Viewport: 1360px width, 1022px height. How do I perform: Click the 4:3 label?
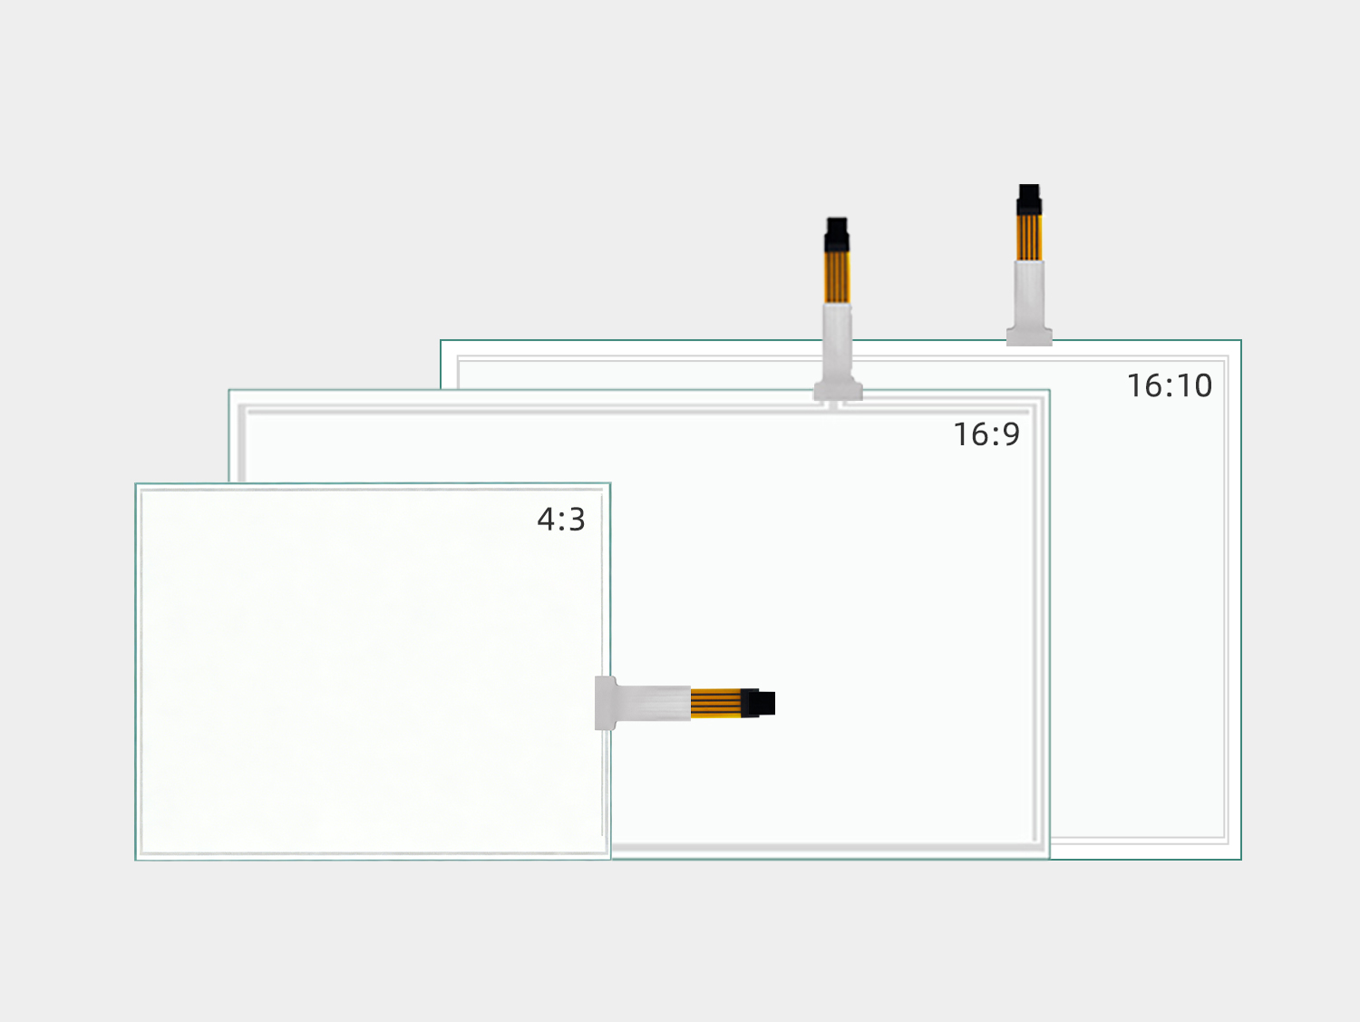(x=560, y=520)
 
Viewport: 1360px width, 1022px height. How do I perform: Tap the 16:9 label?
(x=986, y=434)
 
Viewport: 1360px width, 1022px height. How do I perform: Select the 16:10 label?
(x=1170, y=385)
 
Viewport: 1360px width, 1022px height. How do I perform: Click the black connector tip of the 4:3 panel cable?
(x=758, y=704)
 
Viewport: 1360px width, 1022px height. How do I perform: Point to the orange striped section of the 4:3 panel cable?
(x=716, y=703)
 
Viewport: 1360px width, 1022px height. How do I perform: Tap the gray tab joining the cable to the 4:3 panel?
(x=606, y=703)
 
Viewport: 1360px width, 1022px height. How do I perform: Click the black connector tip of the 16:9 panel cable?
(x=837, y=234)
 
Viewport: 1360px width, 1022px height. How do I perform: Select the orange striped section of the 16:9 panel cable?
(x=837, y=277)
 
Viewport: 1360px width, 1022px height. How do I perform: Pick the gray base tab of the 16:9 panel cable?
(x=839, y=390)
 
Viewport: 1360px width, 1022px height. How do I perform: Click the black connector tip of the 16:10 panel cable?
(x=1029, y=200)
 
